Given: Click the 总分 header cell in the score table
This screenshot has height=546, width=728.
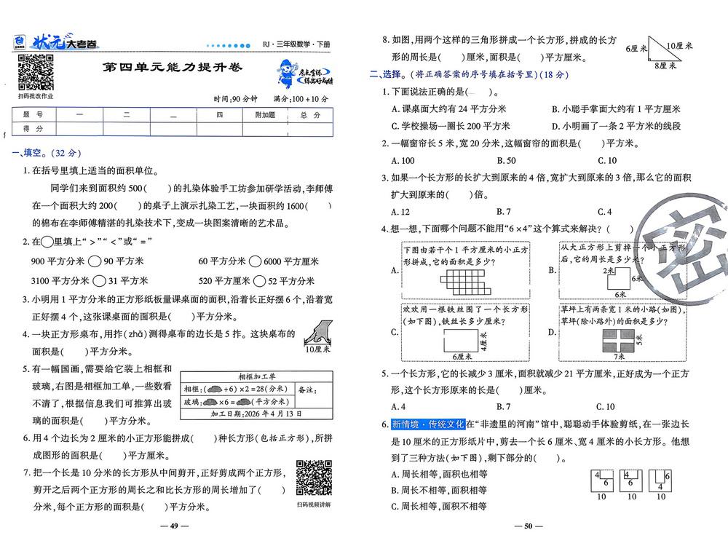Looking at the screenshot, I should point(309,115).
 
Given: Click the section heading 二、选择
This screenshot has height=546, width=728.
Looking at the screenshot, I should point(386,74).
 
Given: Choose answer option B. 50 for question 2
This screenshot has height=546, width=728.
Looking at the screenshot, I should point(506,161).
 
